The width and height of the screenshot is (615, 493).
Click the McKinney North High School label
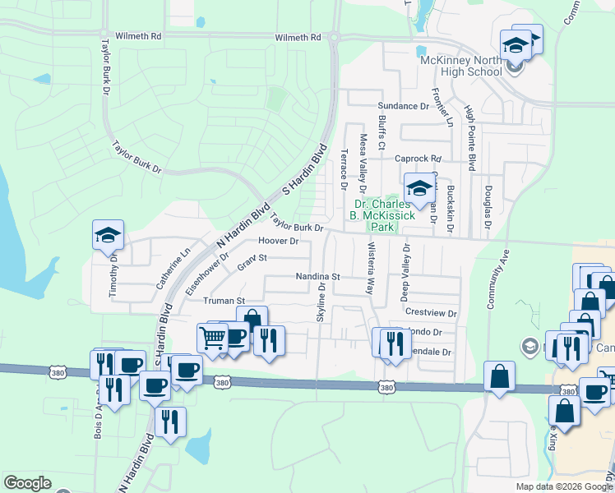coord(460,66)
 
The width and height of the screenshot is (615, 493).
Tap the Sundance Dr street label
coord(404,107)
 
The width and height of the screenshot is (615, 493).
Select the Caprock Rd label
coord(418,159)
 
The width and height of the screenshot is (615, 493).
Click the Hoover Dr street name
coord(278,242)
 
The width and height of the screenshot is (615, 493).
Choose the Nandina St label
coord(318,277)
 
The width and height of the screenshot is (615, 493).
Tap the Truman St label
coord(224,302)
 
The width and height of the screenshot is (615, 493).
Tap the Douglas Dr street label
coord(488,201)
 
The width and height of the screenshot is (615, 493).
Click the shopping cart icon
coord(213,337)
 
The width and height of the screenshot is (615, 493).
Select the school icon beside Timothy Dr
coord(108,236)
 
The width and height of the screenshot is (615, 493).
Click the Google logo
coord(27,483)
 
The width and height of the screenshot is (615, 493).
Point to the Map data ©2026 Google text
coord(562,486)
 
